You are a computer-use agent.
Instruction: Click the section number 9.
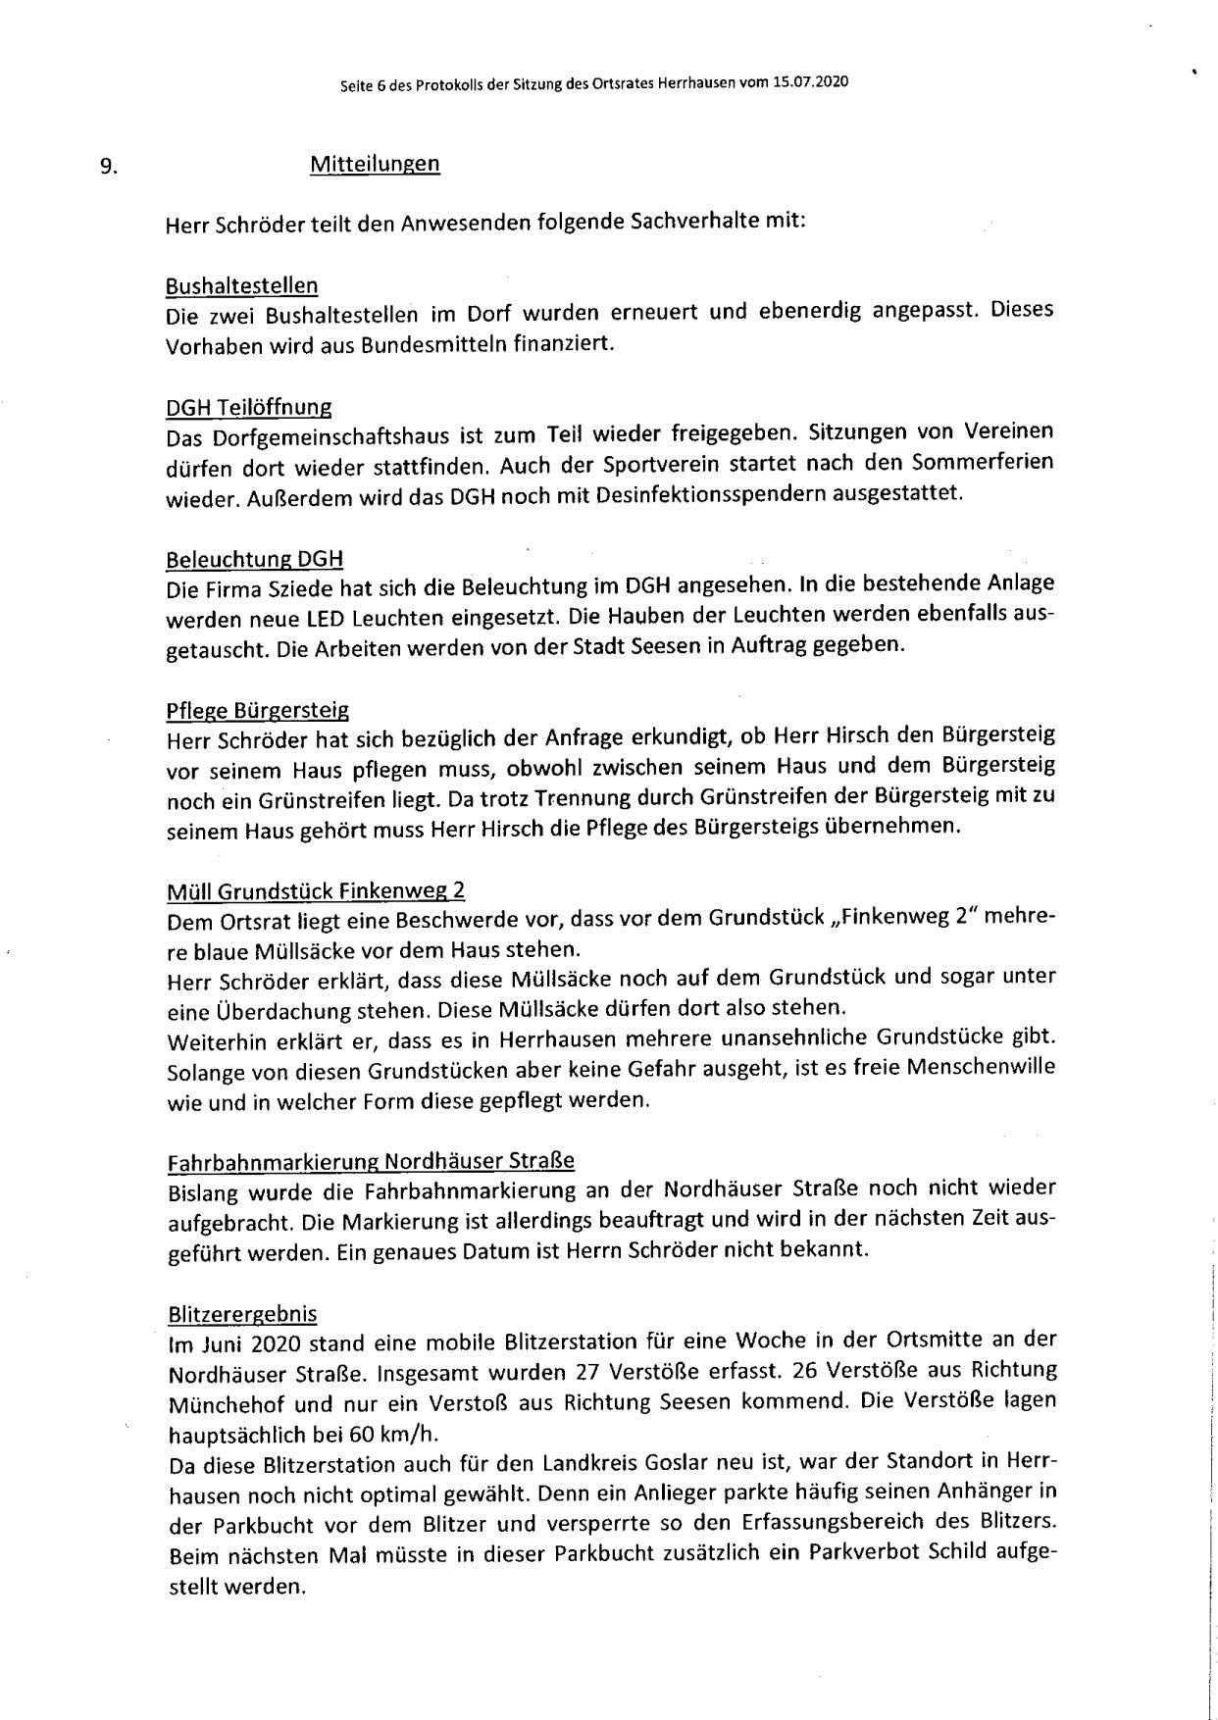coord(108,167)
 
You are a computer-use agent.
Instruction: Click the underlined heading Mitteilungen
coord(375,164)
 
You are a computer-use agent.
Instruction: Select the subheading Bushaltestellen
coord(241,286)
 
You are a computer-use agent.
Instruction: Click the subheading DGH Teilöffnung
coord(248,407)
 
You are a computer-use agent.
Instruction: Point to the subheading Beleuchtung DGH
coord(254,559)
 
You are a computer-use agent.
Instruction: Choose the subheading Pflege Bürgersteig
coord(257,709)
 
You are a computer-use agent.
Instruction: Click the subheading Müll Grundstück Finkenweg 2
coord(315,890)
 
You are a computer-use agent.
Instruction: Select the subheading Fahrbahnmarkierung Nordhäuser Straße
coord(370,1161)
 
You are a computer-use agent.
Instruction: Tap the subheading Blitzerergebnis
coord(240,1313)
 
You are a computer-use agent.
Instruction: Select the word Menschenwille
coord(981,1067)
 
